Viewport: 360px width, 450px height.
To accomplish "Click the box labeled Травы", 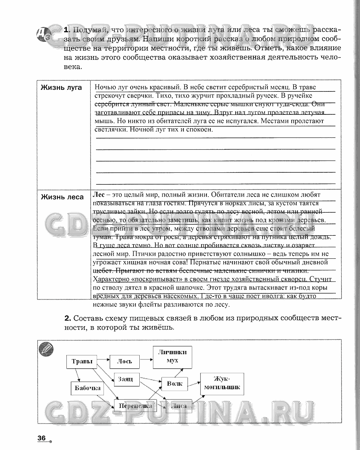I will pos(82,362).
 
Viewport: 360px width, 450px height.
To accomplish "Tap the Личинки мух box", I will pos(172,357).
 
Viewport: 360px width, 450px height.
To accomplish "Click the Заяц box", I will pos(126,379).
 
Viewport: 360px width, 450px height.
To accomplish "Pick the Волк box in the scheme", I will pos(175,383).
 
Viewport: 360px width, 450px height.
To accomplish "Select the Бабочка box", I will pos(88,388).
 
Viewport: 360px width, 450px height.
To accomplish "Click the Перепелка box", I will pos(135,405).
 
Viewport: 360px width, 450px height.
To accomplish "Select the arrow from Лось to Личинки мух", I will pos(146,359).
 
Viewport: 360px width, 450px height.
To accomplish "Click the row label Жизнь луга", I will pos(61,88).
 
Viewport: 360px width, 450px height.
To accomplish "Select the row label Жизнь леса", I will pos(62,197).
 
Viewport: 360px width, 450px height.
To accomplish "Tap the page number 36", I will pos(42,438).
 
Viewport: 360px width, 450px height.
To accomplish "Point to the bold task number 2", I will pos(68,318).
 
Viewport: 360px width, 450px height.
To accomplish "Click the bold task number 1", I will pos(67,30).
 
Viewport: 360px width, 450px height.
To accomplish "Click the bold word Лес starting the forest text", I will pos(99,195).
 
